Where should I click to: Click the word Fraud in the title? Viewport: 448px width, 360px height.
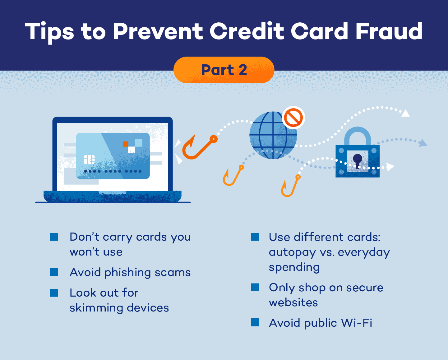coord(389,31)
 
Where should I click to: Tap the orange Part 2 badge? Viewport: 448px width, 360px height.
coord(224,70)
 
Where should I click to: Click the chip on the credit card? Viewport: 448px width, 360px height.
coord(89,159)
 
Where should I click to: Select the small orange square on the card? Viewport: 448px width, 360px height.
coord(126,144)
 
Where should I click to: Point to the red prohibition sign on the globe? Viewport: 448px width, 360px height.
coord(293,118)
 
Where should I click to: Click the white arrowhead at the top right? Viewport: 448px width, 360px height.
coord(405,113)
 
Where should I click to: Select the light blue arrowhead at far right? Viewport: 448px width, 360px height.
coord(423,143)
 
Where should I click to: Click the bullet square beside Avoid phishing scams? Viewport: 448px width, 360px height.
coord(54,272)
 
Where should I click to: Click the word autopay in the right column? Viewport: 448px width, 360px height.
coord(292,252)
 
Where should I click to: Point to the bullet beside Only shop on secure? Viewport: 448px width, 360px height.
coord(255,287)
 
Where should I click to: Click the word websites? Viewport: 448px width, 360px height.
coord(293,302)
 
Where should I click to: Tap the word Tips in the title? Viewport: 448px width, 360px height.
coord(50,32)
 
